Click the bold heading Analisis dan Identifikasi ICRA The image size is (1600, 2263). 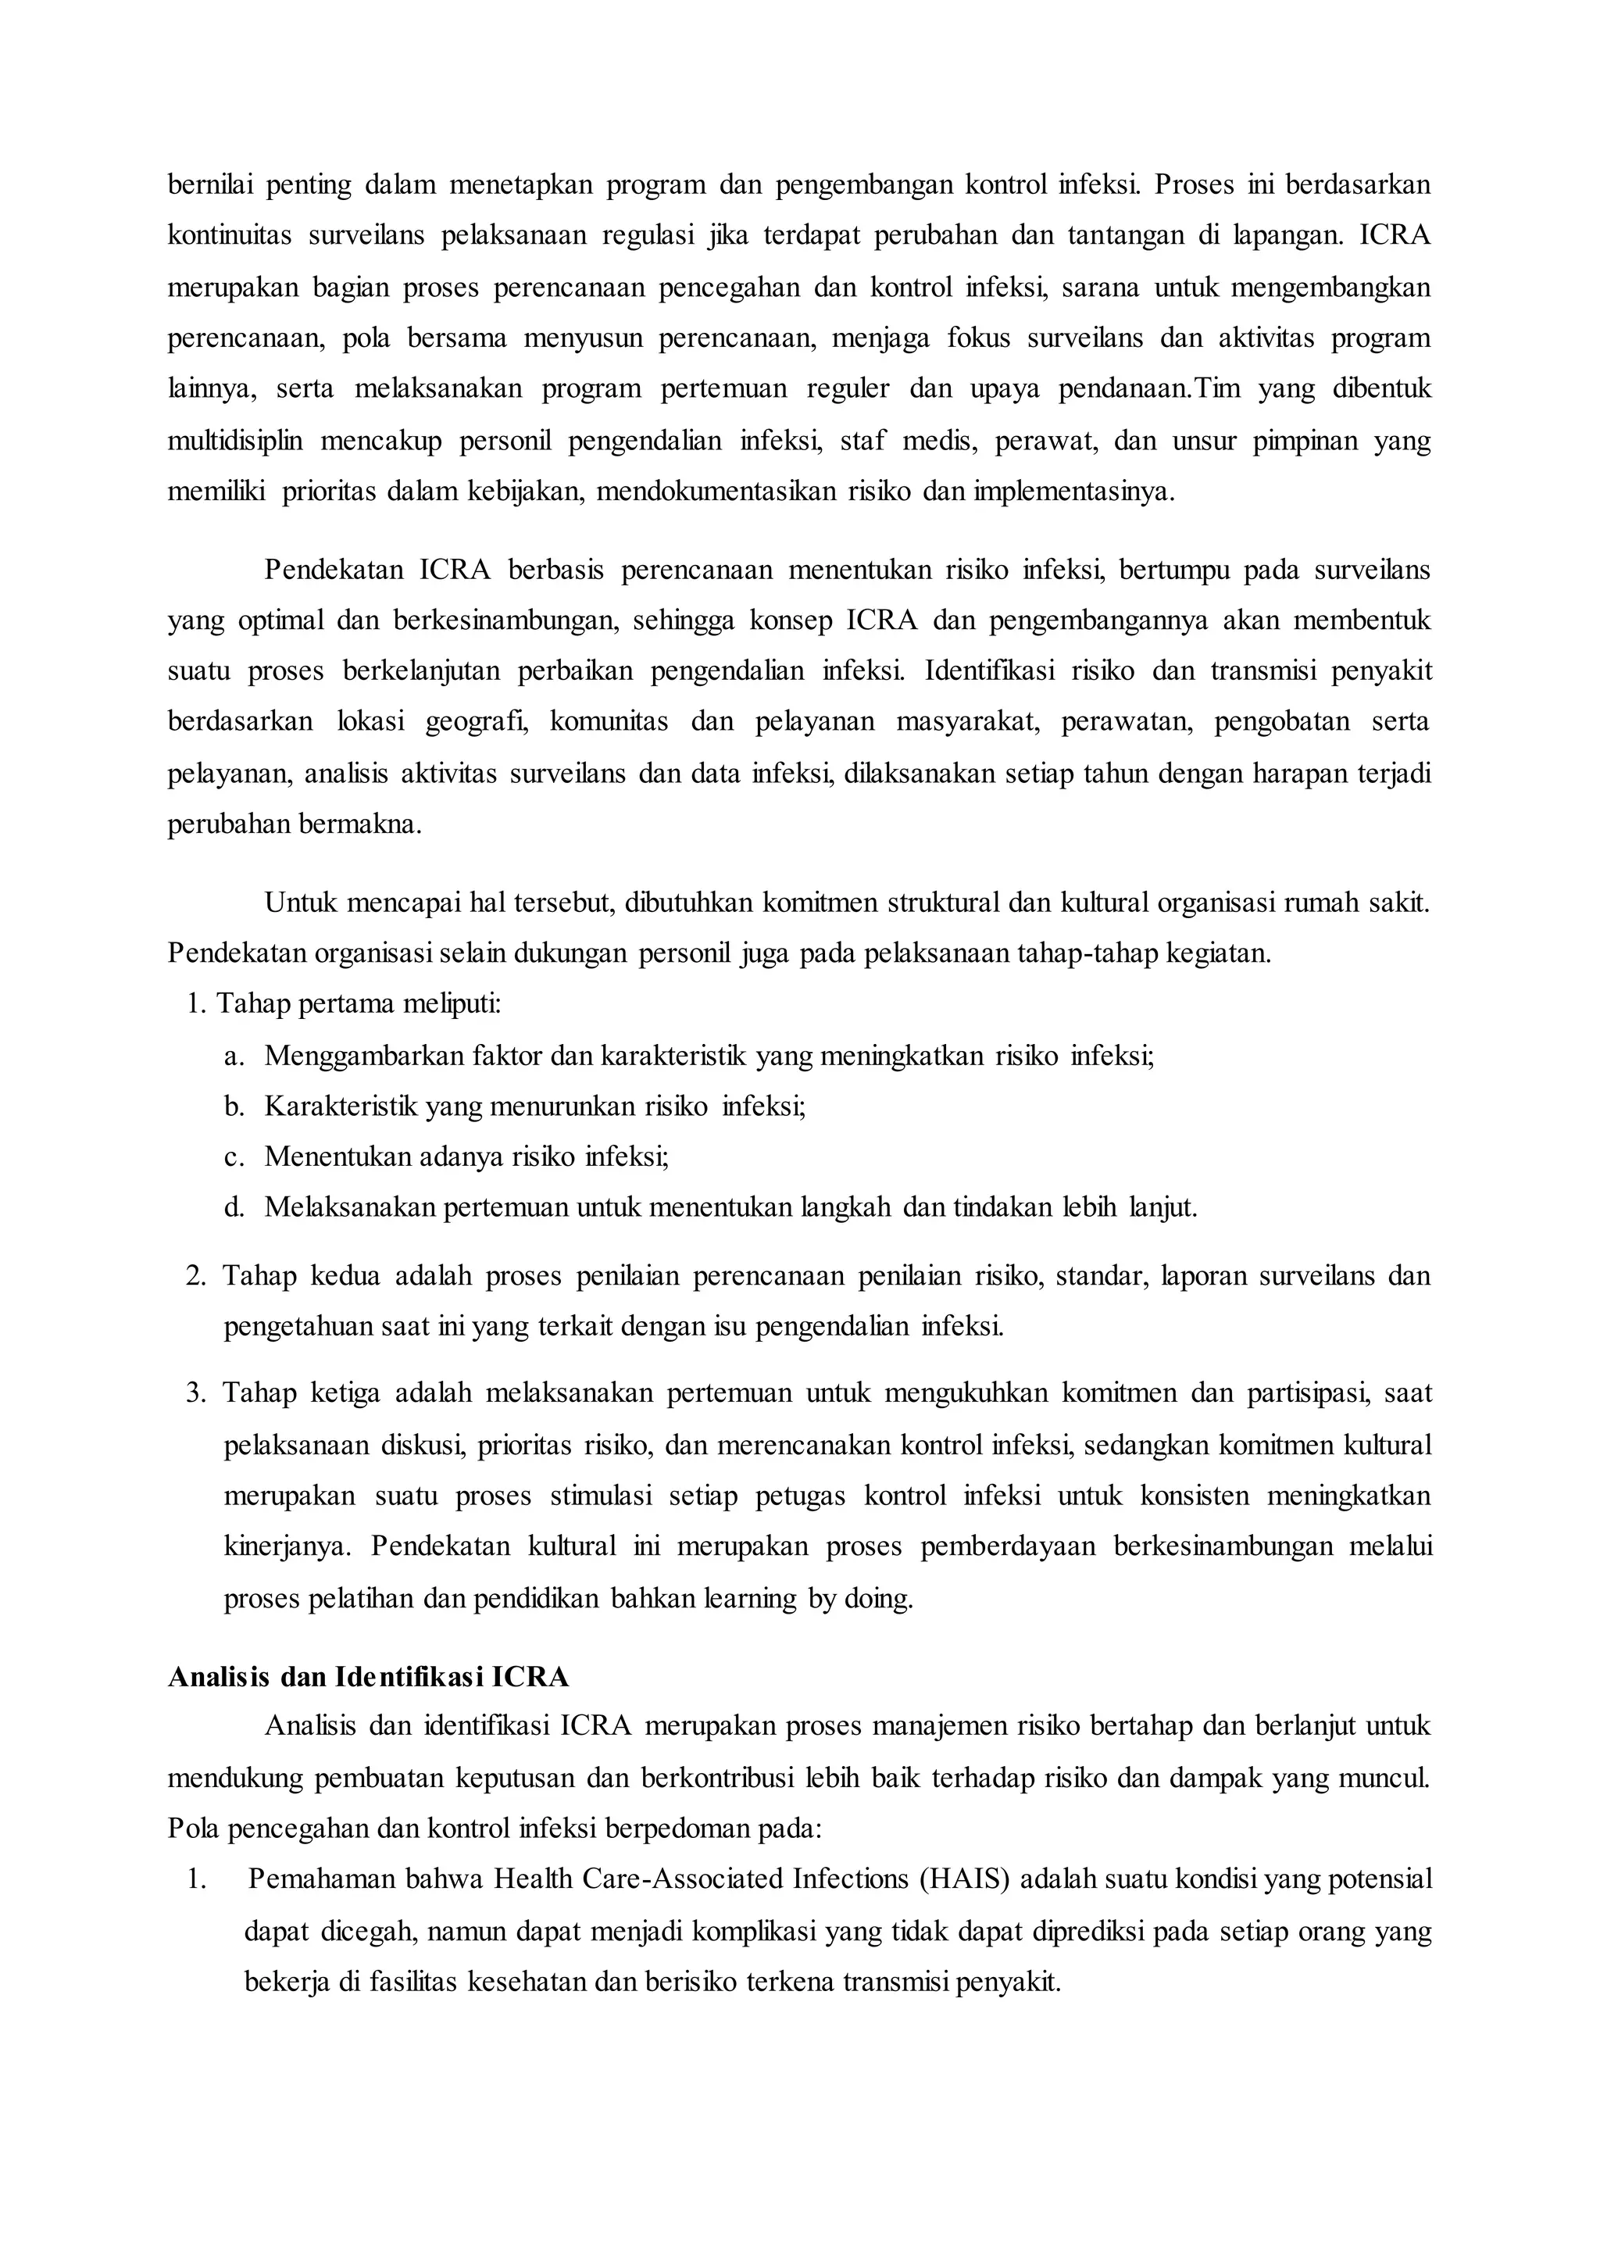369,1677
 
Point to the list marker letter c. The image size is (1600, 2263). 233,1157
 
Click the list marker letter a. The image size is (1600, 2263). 233,1056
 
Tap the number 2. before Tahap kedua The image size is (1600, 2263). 195,1275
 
